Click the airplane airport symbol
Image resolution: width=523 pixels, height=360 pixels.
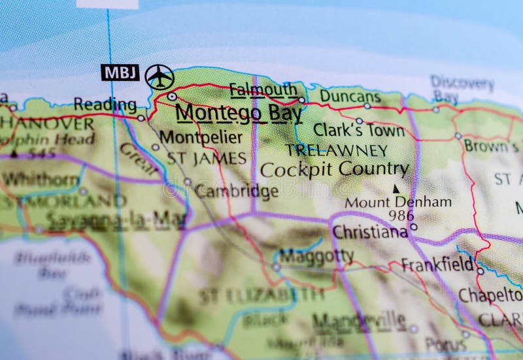[160, 77]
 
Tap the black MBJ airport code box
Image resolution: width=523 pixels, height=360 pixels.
[120, 73]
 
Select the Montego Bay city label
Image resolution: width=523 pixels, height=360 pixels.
[239, 112]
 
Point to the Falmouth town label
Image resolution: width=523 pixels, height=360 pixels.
[263, 90]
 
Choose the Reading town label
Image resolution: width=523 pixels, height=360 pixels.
[105, 105]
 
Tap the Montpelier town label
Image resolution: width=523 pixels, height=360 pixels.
[201, 137]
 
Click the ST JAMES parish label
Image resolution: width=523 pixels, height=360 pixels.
[206, 158]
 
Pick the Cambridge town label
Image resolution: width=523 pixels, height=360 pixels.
[236, 191]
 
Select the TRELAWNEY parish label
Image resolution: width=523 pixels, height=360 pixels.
[337, 150]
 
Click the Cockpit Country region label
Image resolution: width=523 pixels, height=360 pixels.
[334, 169]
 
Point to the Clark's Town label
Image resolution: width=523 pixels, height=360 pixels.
[359, 130]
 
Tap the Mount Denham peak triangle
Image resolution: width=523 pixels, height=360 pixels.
[396, 188]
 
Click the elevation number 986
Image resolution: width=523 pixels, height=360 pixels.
[401, 215]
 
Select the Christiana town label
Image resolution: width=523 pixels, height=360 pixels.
[370, 232]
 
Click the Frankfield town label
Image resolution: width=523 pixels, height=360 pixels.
[437, 265]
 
